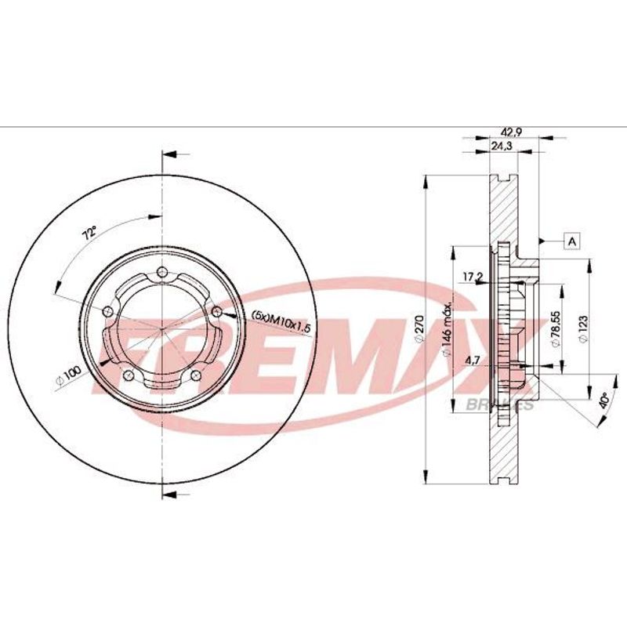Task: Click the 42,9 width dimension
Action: point(512,132)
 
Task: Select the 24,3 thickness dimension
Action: point(502,146)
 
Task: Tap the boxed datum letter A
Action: point(572,241)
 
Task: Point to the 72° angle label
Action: point(90,232)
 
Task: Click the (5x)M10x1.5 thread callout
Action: point(281,322)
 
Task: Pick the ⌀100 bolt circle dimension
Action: point(68,376)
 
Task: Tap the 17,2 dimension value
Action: point(473,277)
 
